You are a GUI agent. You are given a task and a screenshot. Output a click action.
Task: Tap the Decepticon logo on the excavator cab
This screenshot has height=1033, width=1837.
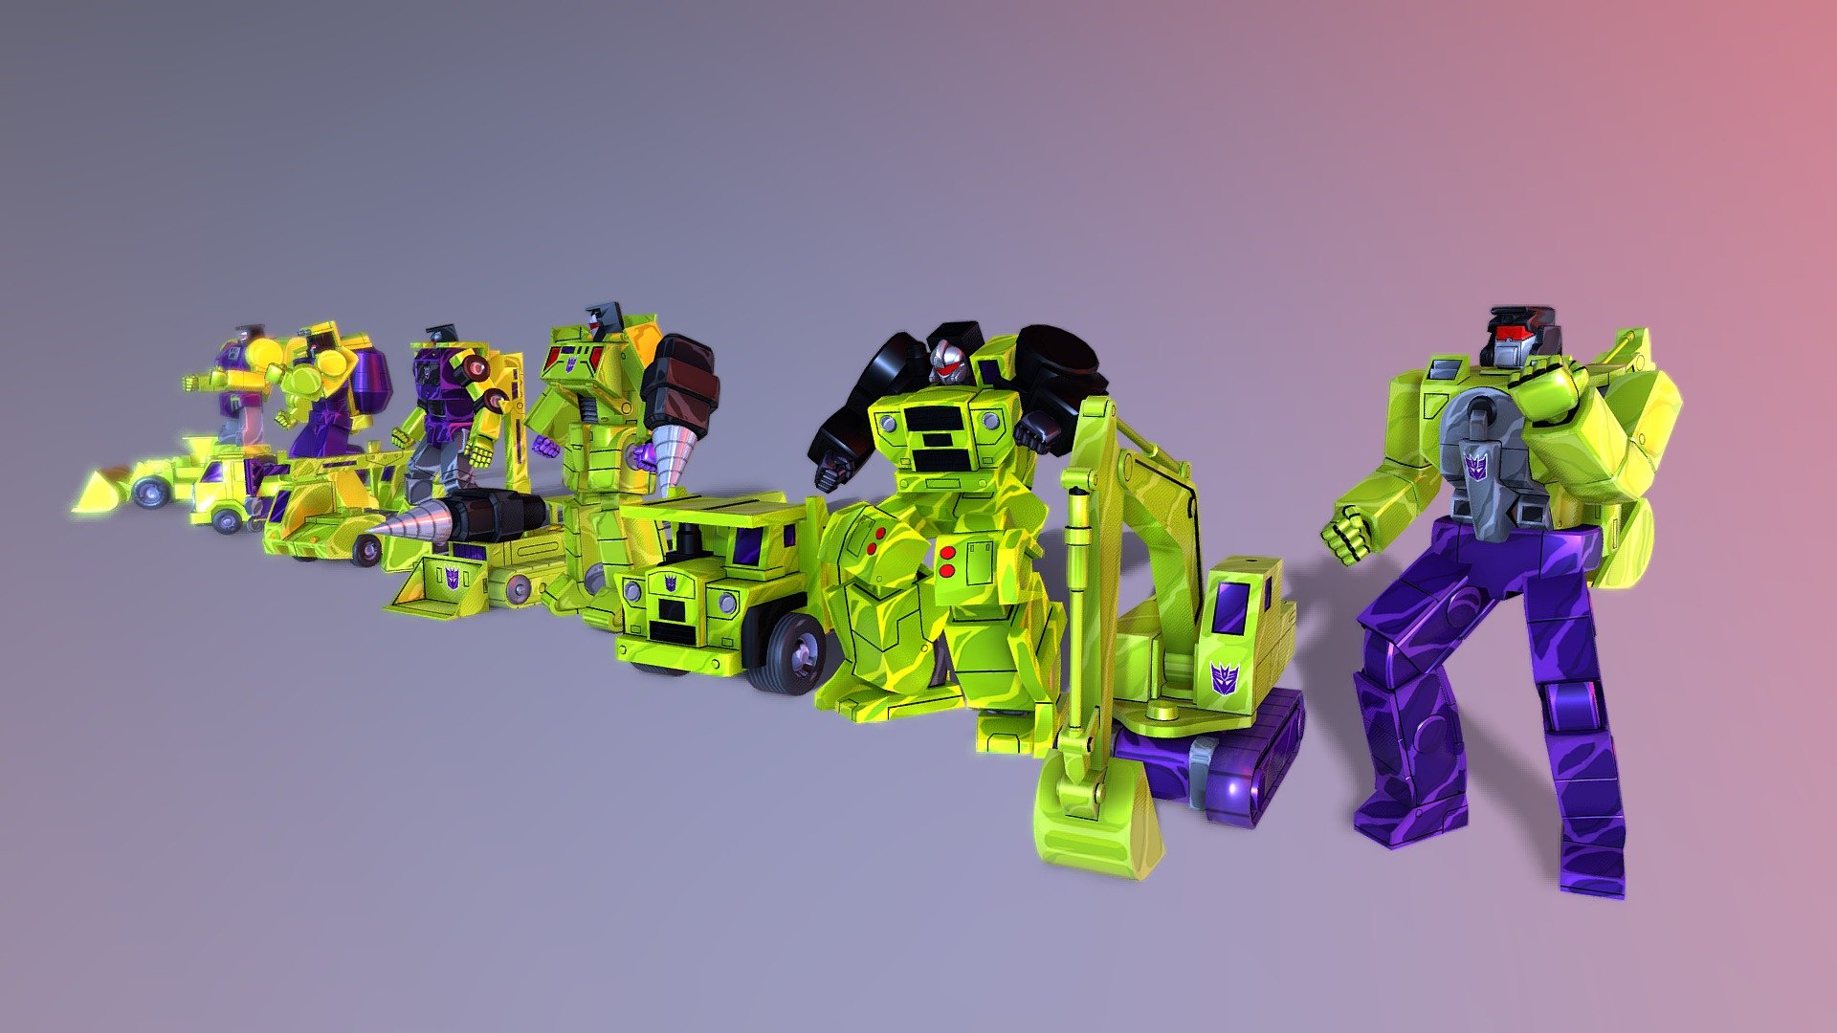coord(1225,677)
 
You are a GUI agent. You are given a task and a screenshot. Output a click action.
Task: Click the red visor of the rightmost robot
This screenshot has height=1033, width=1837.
coord(1512,333)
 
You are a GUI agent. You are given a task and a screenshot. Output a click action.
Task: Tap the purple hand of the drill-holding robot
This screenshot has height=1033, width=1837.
coord(546,446)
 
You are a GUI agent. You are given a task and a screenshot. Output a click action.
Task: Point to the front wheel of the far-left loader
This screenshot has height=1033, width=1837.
coord(151,493)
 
